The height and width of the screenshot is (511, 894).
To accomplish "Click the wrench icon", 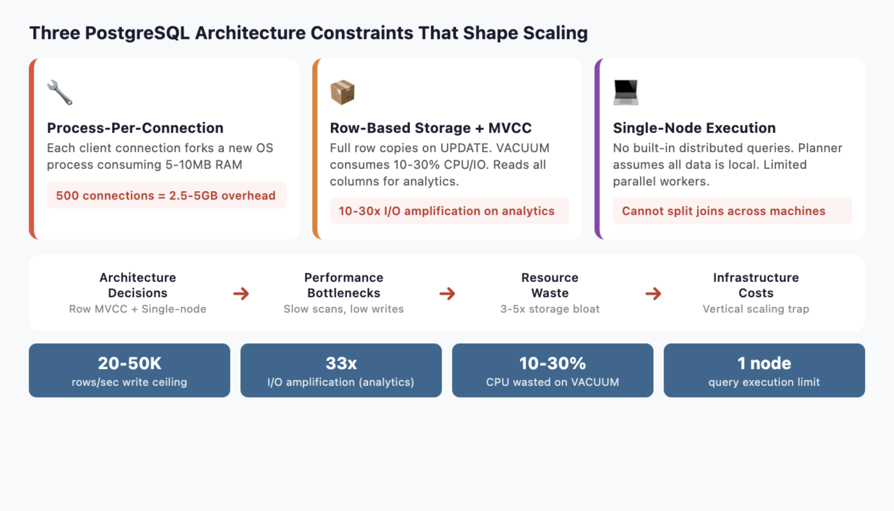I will (60, 93).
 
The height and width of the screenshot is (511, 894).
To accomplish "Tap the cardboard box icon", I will (342, 93).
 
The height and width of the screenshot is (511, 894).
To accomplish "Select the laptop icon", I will (626, 93).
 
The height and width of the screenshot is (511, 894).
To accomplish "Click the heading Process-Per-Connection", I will (135, 128).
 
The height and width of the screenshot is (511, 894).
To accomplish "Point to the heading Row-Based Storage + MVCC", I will (431, 128).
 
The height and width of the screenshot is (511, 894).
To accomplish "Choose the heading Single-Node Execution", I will (694, 128).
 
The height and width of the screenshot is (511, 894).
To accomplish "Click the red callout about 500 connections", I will (166, 195).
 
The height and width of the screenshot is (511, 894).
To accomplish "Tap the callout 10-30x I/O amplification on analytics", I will (446, 211).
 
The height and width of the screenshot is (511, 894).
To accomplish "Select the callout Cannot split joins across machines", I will (723, 211).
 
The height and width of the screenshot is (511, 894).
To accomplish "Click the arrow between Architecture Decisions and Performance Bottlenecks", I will (241, 293).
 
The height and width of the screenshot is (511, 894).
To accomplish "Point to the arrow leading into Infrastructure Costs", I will (653, 293).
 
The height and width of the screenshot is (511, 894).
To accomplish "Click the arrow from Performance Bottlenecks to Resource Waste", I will (447, 293).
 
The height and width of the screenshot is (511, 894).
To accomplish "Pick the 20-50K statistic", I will (129, 363).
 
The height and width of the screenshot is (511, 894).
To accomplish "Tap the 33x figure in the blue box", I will (341, 363).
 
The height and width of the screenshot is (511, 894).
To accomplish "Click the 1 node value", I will (764, 363).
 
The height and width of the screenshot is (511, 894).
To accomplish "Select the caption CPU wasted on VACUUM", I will (552, 382).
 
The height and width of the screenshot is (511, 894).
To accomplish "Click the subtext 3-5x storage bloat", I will (550, 309).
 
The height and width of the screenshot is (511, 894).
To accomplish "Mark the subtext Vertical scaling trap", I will (755, 309).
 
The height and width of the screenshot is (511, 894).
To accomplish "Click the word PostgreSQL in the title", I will (137, 33).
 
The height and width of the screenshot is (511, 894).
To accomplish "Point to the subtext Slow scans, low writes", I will (343, 309).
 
